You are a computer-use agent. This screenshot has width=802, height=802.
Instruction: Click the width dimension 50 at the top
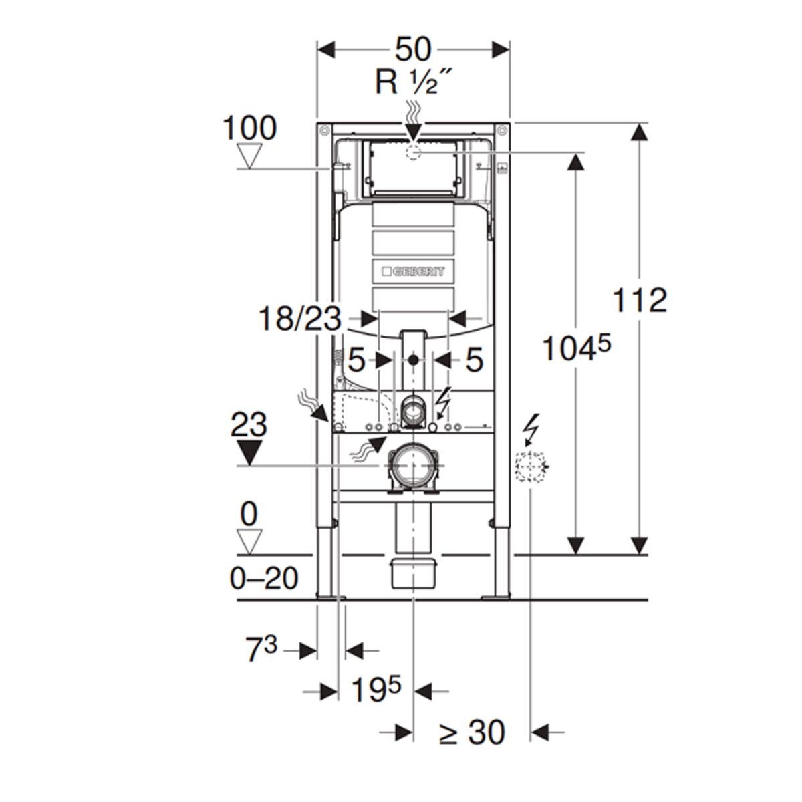(x=413, y=49)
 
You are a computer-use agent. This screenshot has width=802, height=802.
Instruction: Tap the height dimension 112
(x=640, y=300)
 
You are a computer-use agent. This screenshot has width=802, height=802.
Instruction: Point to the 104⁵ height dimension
(x=576, y=348)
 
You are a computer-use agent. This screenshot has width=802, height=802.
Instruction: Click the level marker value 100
(x=249, y=128)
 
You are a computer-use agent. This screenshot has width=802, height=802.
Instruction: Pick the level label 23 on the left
(x=249, y=425)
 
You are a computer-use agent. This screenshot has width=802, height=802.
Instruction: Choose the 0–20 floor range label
(x=264, y=578)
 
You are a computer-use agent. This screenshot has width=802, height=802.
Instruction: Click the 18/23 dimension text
(x=299, y=319)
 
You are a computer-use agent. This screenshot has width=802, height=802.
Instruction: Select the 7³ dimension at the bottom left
(x=261, y=650)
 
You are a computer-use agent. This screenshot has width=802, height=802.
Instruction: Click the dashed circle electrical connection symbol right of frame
(x=530, y=465)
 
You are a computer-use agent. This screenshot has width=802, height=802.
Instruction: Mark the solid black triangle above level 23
(x=249, y=452)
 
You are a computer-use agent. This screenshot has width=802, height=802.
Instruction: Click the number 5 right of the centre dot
(x=473, y=361)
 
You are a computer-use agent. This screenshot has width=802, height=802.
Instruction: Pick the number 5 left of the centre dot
(x=356, y=361)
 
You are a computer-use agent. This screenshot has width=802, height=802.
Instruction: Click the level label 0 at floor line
(x=249, y=515)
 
